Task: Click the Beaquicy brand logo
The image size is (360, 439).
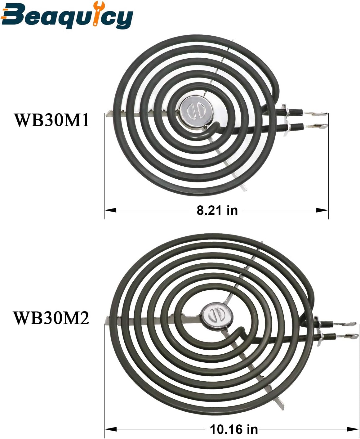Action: tap(67, 15)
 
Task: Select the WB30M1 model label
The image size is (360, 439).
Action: tap(51, 120)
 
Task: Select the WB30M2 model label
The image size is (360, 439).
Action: tap(51, 318)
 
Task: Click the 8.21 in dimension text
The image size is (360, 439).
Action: tap(217, 210)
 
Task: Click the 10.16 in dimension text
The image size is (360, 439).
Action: tap(234, 429)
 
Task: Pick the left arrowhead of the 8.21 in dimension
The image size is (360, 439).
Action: tap(110, 210)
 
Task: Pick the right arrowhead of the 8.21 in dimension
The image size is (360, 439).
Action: tap(322, 210)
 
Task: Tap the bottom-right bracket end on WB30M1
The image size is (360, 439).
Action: tap(244, 187)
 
